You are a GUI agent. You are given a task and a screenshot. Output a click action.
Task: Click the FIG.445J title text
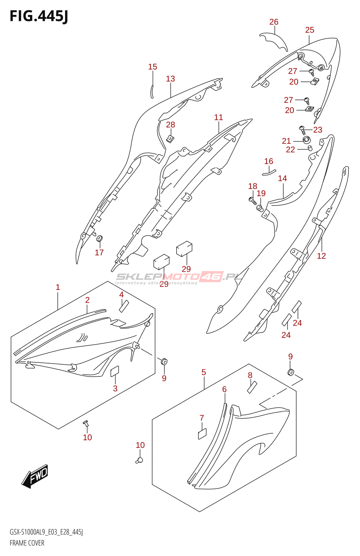39,16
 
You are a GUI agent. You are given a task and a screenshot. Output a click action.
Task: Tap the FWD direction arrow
35,476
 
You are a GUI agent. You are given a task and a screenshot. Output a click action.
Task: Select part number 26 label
274,22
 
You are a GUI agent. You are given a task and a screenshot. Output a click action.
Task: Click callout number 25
310,30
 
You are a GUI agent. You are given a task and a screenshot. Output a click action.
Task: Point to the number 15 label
153,67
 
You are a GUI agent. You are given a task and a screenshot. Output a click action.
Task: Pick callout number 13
170,79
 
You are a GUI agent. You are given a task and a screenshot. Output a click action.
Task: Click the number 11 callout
219,117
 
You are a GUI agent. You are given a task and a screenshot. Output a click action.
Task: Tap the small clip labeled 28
170,139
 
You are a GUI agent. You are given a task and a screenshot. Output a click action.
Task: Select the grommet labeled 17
99,239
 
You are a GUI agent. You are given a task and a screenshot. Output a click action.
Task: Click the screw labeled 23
302,130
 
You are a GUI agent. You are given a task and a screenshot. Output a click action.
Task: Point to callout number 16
269,161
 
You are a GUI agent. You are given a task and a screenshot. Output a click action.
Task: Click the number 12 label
321,256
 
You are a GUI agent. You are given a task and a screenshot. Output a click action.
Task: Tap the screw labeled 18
252,199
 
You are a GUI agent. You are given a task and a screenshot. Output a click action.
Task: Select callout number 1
58,287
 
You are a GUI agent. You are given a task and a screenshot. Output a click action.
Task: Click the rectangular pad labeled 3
114,371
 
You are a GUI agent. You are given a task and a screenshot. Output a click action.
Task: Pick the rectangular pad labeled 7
202,434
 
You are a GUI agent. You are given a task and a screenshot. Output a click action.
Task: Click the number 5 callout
204,373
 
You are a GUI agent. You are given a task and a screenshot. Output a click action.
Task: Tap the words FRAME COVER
27,543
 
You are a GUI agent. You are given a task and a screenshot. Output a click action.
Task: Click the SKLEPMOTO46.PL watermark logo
179,277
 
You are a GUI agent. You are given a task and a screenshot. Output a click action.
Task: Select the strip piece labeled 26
275,41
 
